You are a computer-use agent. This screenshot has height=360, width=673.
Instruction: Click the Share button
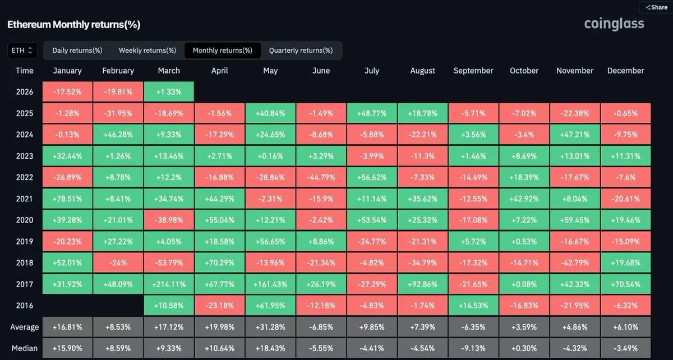pyautogui.click(x=656, y=7)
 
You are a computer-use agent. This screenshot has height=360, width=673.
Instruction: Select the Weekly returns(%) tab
pyautogui.click(x=147, y=50)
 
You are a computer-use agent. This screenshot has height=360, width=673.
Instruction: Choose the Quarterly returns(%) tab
pyautogui.click(x=301, y=50)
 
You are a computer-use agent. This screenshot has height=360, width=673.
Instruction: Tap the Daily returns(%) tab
pyautogui.click(x=77, y=50)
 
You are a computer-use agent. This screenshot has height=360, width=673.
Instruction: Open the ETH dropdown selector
pyautogui.click(x=22, y=50)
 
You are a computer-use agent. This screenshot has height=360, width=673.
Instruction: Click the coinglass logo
pyautogui.click(x=614, y=24)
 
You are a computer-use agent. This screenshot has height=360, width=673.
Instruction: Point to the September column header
pyautogui.click(x=473, y=71)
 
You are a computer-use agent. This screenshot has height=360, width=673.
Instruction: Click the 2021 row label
pyautogui.click(x=25, y=199)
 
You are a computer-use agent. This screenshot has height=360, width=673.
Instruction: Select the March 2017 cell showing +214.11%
pyautogui.click(x=169, y=284)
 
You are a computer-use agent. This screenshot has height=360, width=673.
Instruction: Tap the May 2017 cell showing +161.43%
pyautogui.click(x=270, y=284)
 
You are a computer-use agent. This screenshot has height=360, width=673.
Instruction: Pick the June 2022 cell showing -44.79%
pyautogui.click(x=321, y=177)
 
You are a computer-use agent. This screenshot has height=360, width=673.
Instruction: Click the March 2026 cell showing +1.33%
pyautogui.click(x=169, y=92)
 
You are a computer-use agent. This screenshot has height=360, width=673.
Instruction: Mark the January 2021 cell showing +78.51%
pyautogui.click(x=68, y=199)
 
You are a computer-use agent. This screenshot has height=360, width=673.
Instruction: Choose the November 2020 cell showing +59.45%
pyautogui.click(x=575, y=220)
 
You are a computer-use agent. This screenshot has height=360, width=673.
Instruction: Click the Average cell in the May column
pyautogui.click(x=270, y=327)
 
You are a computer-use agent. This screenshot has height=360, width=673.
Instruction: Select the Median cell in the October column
pyautogui.click(x=524, y=348)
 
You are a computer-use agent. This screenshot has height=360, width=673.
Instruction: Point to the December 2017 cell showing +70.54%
pyautogui.click(x=625, y=284)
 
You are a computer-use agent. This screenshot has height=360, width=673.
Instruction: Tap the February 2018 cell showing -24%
pyautogui.click(x=118, y=262)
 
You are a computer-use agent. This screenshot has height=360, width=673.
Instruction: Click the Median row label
pyautogui.click(x=25, y=348)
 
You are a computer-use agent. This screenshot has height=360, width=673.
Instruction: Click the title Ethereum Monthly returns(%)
pyautogui.click(x=73, y=25)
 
